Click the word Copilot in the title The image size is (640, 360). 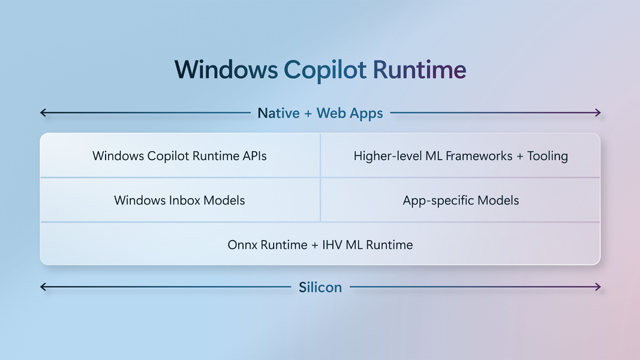pos(325,70)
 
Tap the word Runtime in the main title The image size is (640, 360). pos(419,70)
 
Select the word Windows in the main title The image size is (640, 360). pos(226,70)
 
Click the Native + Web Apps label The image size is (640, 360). pos(320,113)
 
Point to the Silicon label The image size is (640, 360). pos(320,287)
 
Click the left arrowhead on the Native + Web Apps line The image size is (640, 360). pos(43,113)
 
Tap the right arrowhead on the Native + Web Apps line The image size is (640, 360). pos(598,113)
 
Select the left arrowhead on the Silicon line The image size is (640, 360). pos(43,287)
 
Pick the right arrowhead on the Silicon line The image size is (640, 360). pos(598,287)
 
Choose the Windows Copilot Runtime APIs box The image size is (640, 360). pos(180,155)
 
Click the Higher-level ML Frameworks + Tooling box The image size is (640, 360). pos(461,155)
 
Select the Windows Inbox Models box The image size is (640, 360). pos(180,200)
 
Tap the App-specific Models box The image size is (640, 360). pos(461,200)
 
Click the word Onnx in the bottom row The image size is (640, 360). pos(242,245)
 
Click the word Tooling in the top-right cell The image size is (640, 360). pos(548,156)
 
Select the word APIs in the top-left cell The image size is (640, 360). pos(255,156)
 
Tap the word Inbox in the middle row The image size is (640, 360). pos(184,200)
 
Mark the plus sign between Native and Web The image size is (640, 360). pos(308,113)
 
